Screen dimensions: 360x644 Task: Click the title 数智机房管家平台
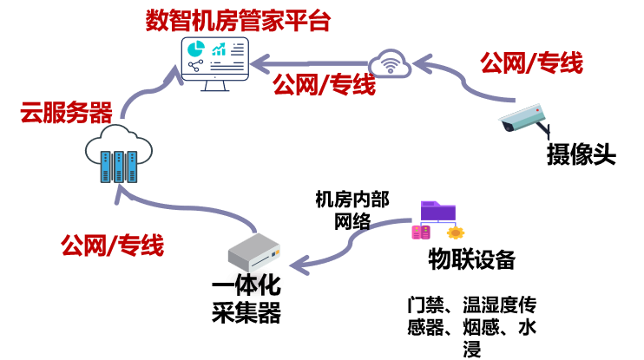[x=238, y=20]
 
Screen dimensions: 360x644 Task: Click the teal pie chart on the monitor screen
[x=195, y=49]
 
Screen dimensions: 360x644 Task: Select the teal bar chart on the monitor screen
[x=219, y=49]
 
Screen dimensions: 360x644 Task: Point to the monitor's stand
[x=214, y=86]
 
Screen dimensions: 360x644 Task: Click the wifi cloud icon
[x=390, y=64]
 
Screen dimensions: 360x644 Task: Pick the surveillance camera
[x=523, y=119]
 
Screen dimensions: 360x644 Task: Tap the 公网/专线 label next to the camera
[x=531, y=62]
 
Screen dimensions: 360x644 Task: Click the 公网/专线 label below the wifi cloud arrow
[x=324, y=84]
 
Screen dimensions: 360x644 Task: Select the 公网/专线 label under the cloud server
[x=112, y=245]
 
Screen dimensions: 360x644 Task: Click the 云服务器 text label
[x=66, y=112]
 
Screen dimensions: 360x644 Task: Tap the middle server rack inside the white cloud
[x=119, y=166]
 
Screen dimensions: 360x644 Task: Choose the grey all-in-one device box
[x=253, y=252]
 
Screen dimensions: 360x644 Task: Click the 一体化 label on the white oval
[x=255, y=284]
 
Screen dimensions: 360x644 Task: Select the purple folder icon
[x=437, y=211]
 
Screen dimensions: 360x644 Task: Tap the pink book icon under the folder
[x=420, y=232]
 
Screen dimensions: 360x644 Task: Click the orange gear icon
[x=456, y=232]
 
